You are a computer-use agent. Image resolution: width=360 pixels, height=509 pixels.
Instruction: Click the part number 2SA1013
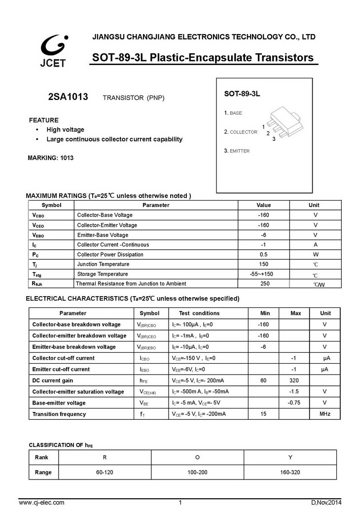[68, 97]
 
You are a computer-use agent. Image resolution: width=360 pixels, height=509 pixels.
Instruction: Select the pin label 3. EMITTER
[237, 151]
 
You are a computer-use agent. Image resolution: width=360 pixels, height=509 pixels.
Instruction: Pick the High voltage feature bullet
[65, 130]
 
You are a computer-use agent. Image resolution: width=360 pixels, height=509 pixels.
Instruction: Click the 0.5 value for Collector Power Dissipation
[263, 255]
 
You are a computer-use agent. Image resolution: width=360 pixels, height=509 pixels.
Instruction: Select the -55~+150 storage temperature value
[263, 274]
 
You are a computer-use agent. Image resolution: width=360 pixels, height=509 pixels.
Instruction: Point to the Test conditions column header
[199, 313]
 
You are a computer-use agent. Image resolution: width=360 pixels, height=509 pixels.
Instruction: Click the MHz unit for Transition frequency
[324, 414]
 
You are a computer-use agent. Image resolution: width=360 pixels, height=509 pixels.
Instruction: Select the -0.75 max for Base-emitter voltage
[294, 403]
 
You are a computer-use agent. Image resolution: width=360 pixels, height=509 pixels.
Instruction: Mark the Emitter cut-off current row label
[61, 369]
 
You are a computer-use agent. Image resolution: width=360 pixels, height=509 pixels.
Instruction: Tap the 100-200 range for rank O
[197, 472]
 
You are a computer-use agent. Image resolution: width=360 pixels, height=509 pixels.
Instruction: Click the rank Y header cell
[290, 457]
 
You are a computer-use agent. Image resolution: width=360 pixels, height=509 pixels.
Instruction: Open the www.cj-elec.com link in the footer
[41, 503]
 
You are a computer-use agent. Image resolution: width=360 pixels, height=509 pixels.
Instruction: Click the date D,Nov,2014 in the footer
[326, 503]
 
